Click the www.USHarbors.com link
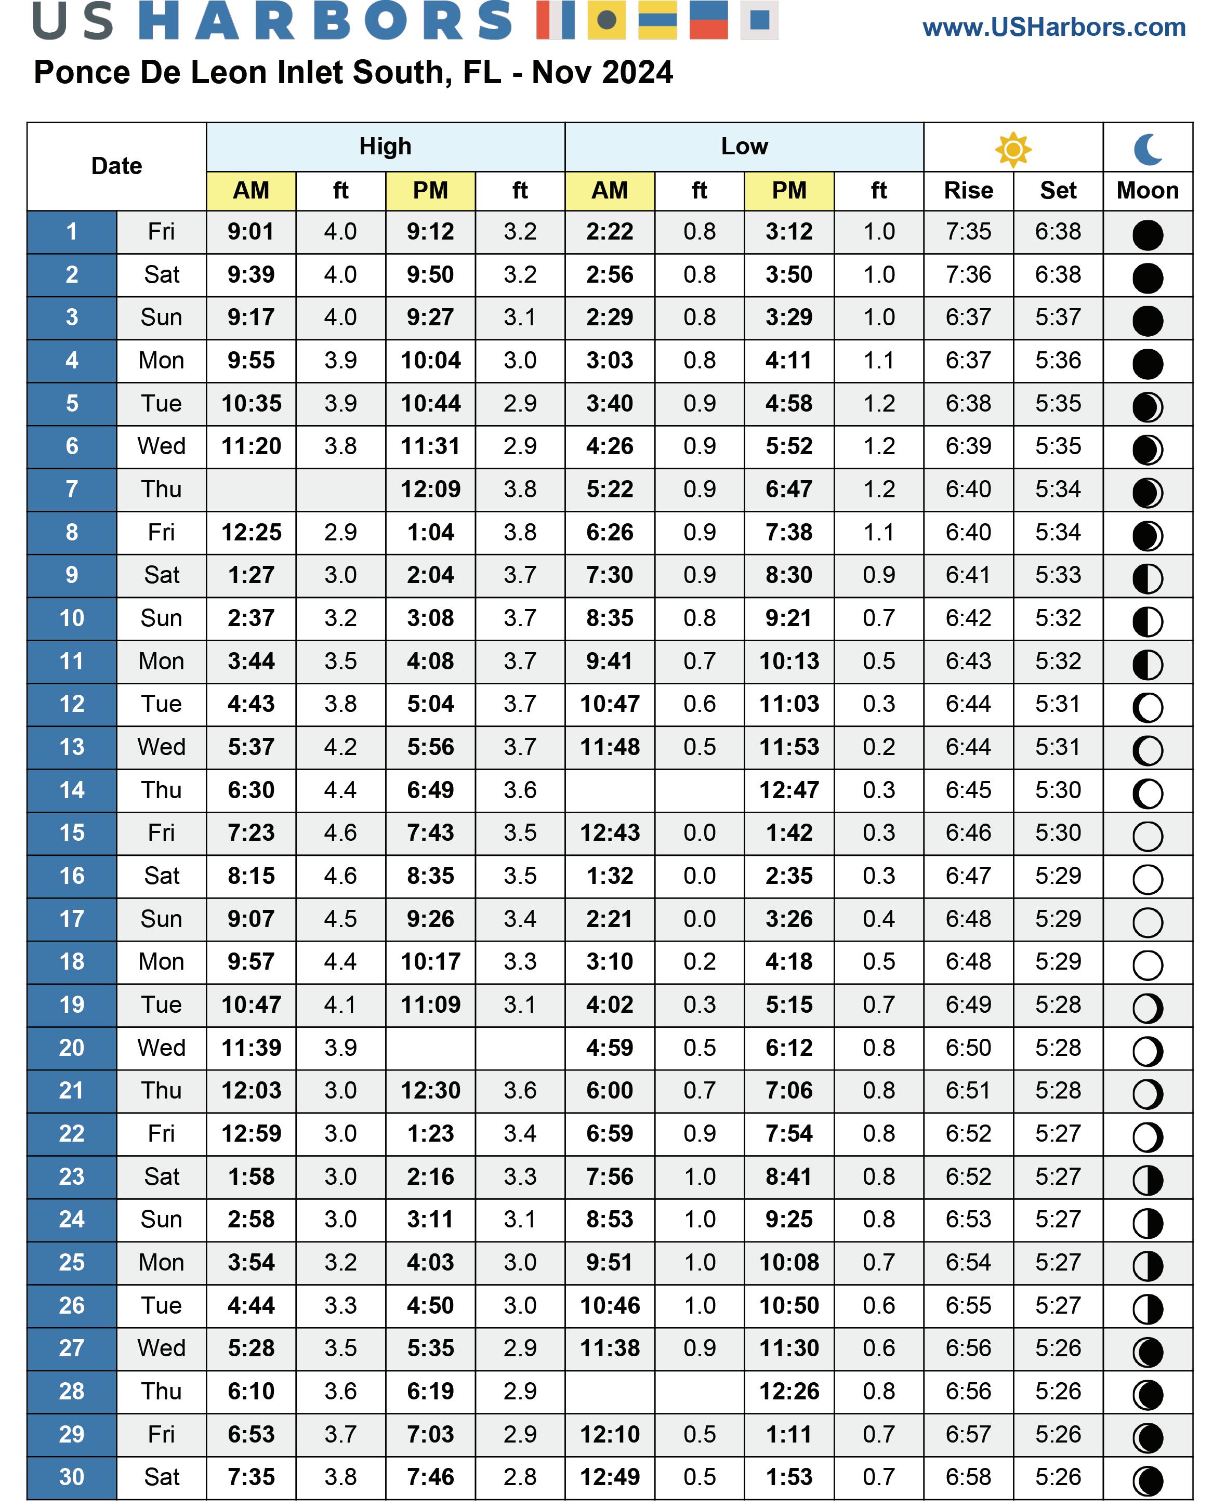click(x=1053, y=28)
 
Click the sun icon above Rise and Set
click(x=1013, y=149)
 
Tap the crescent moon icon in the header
click(x=1148, y=149)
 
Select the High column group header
click(x=385, y=146)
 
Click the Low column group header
click(x=744, y=146)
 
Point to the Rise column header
click(x=968, y=191)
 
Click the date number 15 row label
click(x=71, y=833)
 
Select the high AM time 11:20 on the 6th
click(x=252, y=446)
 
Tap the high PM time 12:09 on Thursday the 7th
click(x=430, y=490)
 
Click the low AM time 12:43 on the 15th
click(x=610, y=833)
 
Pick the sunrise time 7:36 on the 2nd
click(x=968, y=275)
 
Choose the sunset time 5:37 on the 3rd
click(x=1058, y=318)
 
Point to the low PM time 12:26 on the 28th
click(x=789, y=1392)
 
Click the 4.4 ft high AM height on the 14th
click(x=340, y=790)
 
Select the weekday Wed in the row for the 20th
click(x=161, y=1048)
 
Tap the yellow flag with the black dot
click(x=606, y=19)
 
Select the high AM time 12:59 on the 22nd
click(x=252, y=1134)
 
